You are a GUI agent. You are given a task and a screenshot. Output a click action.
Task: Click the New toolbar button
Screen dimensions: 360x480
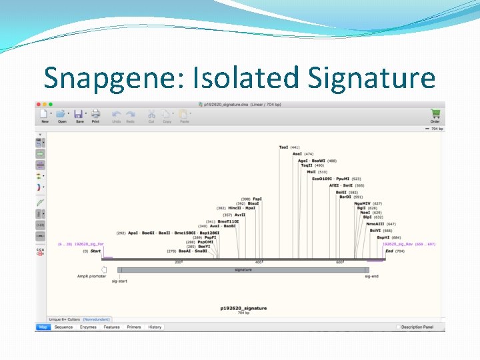click(x=45, y=115)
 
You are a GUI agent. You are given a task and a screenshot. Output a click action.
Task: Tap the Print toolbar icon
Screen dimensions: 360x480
click(x=95, y=115)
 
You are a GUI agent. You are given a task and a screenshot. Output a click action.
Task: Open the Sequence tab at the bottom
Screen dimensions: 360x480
click(x=63, y=327)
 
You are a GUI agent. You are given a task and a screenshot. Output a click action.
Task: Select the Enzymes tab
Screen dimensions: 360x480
click(x=88, y=327)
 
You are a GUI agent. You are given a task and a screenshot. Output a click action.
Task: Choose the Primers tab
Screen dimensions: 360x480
click(x=134, y=327)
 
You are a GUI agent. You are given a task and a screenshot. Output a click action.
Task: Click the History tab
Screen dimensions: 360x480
click(x=155, y=327)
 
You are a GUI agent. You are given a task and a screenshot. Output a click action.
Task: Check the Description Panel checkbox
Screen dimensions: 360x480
click(x=399, y=327)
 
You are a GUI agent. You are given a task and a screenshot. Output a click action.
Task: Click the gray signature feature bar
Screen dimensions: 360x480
click(x=243, y=270)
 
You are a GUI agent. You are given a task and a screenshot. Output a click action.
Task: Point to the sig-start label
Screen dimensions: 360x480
click(x=119, y=281)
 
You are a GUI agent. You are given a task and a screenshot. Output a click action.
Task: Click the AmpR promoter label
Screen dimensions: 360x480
click(x=91, y=276)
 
